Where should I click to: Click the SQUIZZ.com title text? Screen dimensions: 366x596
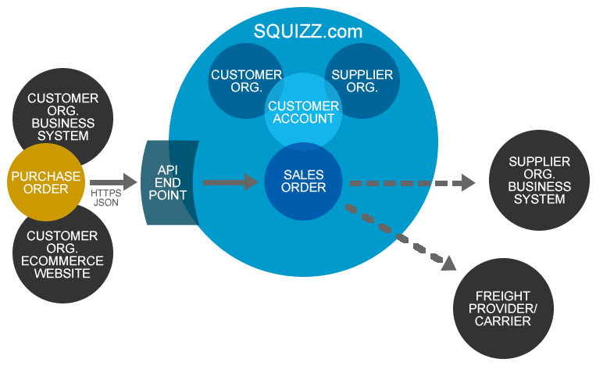[x=309, y=31]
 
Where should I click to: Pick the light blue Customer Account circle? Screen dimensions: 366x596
[x=303, y=113]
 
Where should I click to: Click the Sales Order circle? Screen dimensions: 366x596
[x=303, y=181]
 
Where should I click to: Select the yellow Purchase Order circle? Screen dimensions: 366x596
[x=45, y=182]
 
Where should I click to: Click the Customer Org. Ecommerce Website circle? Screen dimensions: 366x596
[x=62, y=254]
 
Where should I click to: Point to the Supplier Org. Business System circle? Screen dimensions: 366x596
[x=538, y=181]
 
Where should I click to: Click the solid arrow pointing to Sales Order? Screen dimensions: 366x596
[x=230, y=182]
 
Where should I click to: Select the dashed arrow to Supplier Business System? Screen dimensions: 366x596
[x=411, y=183]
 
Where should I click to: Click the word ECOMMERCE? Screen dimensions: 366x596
[x=62, y=260]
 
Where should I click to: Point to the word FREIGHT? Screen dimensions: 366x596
[x=502, y=296]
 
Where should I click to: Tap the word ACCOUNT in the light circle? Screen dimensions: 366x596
[x=303, y=119]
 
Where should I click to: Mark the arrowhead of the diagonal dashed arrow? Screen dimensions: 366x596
[x=448, y=263]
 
